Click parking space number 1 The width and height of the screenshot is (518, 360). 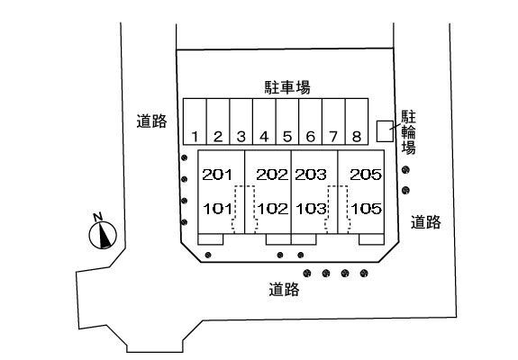195,121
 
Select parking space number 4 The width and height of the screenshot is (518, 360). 264,121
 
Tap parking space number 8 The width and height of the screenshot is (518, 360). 357,121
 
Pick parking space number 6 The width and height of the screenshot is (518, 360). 311,121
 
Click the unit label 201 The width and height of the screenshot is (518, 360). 217,175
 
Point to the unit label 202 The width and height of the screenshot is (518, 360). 272,175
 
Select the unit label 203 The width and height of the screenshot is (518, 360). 311,175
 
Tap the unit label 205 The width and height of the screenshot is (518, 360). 366,175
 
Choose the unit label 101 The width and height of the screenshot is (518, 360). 217,209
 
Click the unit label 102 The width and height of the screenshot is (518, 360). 273,209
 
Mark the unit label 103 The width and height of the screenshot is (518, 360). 311,209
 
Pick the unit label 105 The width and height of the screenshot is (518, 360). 367,209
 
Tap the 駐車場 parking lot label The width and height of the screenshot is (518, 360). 287,87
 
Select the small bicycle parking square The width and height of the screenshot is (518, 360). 386,131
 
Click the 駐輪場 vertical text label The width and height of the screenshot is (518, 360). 408,132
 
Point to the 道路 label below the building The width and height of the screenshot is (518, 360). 284,290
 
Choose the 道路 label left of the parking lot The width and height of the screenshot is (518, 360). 152,121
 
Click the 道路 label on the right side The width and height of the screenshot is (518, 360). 426,222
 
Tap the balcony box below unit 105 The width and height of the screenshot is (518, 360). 371,239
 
